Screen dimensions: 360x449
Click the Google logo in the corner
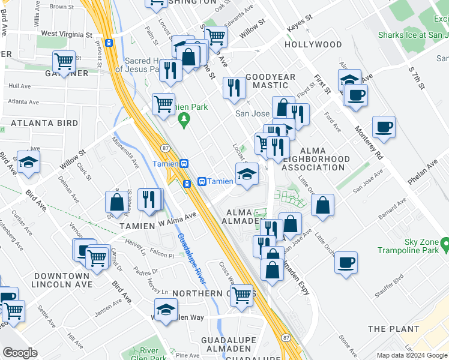(x=20, y=352)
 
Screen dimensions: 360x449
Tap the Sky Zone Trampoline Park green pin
(x=444, y=244)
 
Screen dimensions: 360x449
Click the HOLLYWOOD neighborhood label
(x=313, y=45)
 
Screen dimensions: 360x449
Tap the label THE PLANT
(x=393, y=329)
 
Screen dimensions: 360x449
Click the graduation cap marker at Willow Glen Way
(x=166, y=310)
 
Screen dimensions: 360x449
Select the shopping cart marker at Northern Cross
(x=241, y=295)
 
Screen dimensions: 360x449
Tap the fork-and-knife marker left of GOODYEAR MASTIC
(x=234, y=87)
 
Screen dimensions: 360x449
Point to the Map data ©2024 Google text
(x=412, y=355)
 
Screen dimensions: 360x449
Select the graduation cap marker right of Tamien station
(x=247, y=174)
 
